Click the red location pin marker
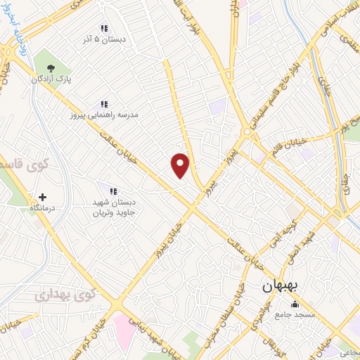(x=181, y=165)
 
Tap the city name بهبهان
(x=281, y=287)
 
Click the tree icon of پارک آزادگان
(x=50, y=68)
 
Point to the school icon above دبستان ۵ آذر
(x=104, y=29)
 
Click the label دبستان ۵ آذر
(x=104, y=41)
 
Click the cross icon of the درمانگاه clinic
(x=43, y=198)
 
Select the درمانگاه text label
(x=43, y=210)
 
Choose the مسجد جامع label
(x=295, y=314)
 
